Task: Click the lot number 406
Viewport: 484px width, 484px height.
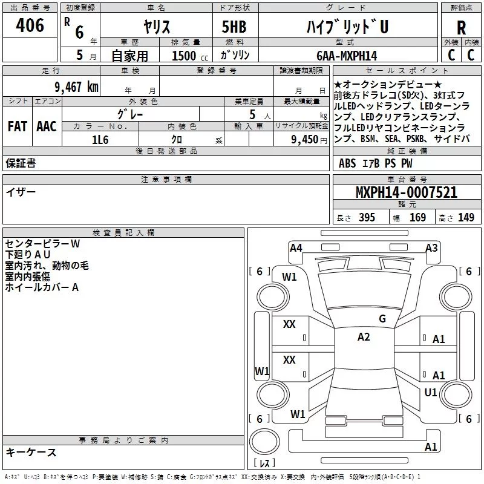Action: (x=30, y=25)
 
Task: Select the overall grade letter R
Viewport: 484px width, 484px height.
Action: (x=461, y=28)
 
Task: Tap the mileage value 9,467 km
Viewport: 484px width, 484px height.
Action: (x=77, y=87)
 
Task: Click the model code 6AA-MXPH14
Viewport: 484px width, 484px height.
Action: (x=347, y=56)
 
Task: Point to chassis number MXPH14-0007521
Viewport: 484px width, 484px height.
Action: (x=407, y=192)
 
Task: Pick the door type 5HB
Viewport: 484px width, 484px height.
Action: (x=234, y=27)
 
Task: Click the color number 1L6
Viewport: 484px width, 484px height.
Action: (x=100, y=140)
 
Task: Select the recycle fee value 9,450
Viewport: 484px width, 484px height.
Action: (x=304, y=140)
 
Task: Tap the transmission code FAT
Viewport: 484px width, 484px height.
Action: (x=18, y=126)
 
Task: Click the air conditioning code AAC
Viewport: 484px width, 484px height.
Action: (x=47, y=126)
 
